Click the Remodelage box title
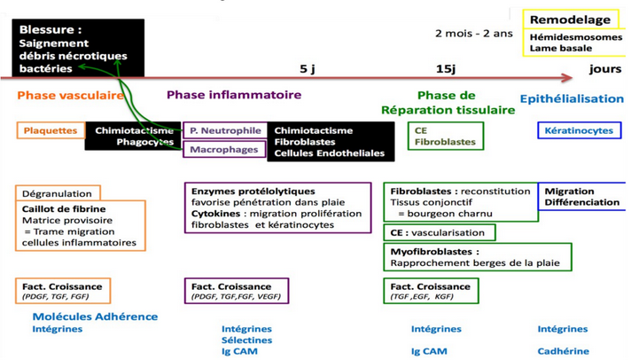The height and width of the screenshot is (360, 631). pyautogui.click(x=570, y=20)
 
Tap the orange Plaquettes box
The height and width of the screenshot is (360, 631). pyautogui.click(x=51, y=130)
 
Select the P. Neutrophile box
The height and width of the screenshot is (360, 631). pyautogui.click(x=225, y=130)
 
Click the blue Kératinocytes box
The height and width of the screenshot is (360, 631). pyautogui.click(x=579, y=130)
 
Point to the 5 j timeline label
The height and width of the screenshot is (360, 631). pyautogui.click(x=308, y=68)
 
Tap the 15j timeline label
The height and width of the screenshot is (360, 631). pyautogui.click(x=446, y=68)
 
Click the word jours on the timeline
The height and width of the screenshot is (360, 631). pyautogui.click(x=604, y=68)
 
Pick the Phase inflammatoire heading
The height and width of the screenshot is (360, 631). pyautogui.click(x=234, y=95)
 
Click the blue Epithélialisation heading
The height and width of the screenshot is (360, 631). pyautogui.click(x=572, y=98)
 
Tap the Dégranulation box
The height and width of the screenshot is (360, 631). pyautogui.click(x=58, y=193)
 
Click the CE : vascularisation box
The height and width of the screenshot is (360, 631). pyautogui.click(x=438, y=232)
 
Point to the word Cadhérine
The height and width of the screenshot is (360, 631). pyautogui.click(x=562, y=351)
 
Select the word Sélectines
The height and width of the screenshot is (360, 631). pyautogui.click(x=247, y=340)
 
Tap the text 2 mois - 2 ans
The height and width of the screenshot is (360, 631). pyautogui.click(x=473, y=34)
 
